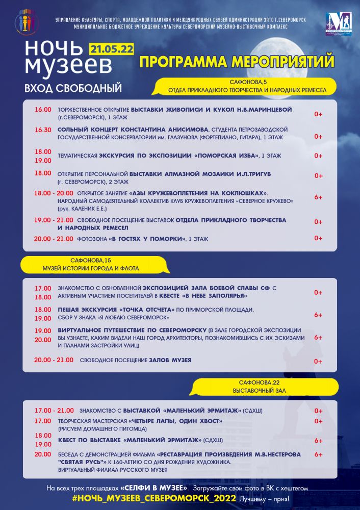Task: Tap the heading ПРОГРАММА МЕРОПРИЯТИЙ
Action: click(x=237, y=62)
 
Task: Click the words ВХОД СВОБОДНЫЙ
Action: click(x=73, y=88)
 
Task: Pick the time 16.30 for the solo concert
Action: click(x=43, y=130)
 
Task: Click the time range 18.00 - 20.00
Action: click(x=54, y=193)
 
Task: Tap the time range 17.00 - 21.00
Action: click(x=54, y=410)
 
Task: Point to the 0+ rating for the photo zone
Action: click(x=318, y=238)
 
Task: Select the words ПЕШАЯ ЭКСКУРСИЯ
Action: click(x=87, y=310)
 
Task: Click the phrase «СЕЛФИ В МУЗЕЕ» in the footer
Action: click(x=154, y=488)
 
